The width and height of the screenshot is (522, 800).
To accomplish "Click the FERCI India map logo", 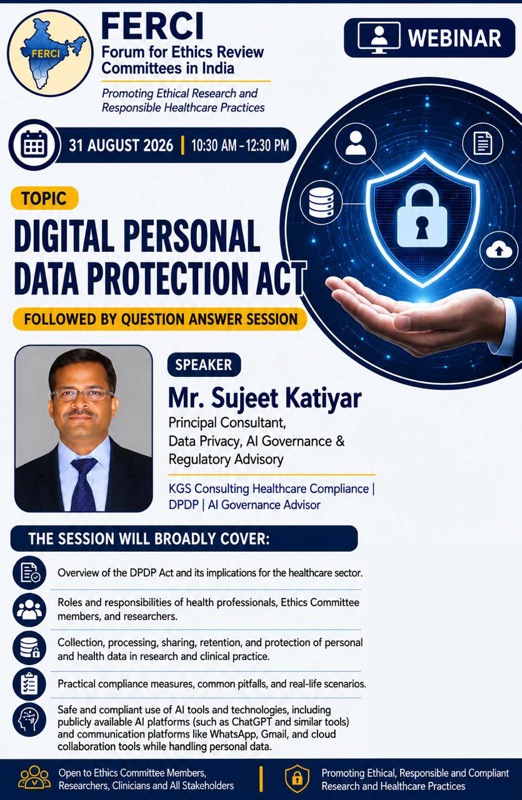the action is point(51,53).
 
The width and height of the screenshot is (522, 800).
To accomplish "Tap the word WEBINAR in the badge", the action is point(454,38).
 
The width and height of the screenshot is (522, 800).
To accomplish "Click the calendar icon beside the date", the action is point(34,145).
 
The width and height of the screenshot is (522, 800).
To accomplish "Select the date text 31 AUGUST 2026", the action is point(121,146).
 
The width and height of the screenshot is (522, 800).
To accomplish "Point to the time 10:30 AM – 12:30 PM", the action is point(240,146).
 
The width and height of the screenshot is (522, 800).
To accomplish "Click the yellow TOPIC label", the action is point(44,198).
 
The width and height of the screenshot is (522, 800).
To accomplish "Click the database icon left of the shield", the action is point(321,203).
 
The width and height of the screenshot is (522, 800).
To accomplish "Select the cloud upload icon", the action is point(499,250).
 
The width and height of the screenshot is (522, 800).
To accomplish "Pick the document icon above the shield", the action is point(483,143).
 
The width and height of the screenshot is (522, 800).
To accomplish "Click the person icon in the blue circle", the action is point(356,143).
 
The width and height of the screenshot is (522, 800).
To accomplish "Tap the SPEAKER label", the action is point(204,364).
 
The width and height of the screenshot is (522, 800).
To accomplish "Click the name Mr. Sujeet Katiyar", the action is point(265,398).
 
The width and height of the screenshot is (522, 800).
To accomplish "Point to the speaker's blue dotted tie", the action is point(84,484).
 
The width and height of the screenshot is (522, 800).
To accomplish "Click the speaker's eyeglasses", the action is point(83,394).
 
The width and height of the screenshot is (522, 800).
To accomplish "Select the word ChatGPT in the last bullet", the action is point(252,722).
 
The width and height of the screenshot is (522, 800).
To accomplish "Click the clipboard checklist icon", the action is point(29,684).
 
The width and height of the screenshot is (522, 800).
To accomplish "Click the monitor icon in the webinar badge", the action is point(379,38).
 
